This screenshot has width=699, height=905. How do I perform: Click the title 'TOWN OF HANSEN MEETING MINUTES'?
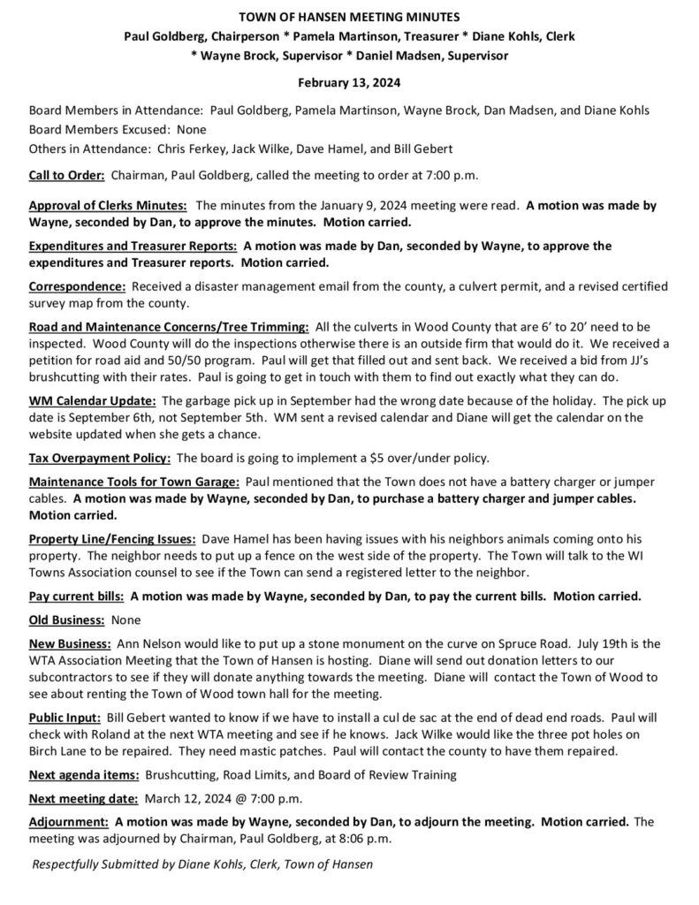tap(349, 17)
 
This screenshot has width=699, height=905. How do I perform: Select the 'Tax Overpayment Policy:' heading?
tap(101, 458)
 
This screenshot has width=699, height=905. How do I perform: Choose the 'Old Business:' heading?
tap(65, 619)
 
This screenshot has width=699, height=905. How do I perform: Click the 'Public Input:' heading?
tap(64, 719)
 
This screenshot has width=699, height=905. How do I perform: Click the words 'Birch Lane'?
tap(59, 751)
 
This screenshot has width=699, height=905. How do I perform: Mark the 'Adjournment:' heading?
tap(69, 821)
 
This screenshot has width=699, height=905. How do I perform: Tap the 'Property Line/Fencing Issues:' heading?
tap(112, 538)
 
